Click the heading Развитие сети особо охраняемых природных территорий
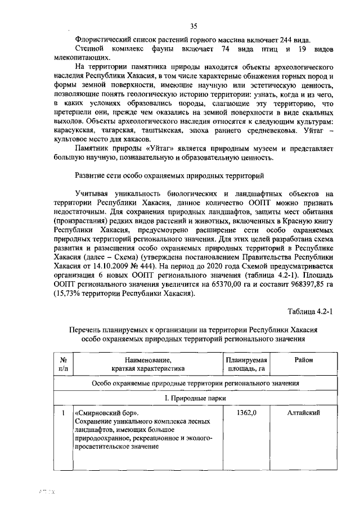click(169, 175)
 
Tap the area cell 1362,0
click(246, 413)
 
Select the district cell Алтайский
click(303, 413)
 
